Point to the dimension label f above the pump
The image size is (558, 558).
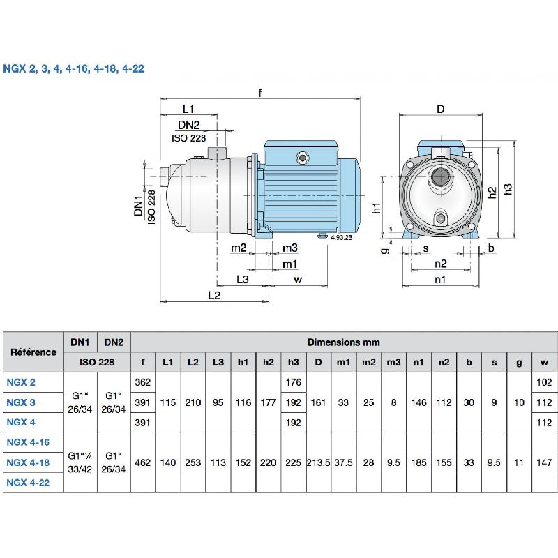coord(260,94)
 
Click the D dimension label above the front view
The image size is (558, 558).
coord(440,109)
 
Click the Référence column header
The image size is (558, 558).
coord(33,352)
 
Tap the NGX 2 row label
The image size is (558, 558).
coord(21,382)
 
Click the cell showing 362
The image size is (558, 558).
coord(142,382)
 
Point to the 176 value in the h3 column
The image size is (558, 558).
coord(293,382)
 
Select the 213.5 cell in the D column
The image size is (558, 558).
coord(318,462)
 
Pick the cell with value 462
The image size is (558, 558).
coord(142,462)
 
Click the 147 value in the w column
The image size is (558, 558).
coord(544,462)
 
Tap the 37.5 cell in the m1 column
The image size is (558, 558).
coord(344,462)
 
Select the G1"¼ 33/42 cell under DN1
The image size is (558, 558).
coord(80,462)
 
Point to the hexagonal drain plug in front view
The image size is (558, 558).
coord(440,218)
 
